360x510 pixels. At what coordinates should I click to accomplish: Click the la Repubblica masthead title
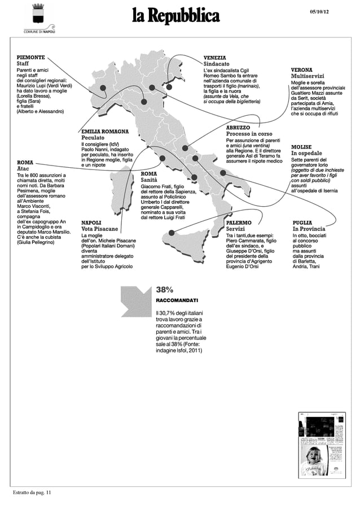pyautogui.click(x=175, y=16)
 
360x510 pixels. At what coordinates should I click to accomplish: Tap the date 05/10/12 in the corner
pyautogui.click(x=321, y=13)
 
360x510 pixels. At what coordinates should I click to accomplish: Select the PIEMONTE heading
pyautogui.click(x=30, y=57)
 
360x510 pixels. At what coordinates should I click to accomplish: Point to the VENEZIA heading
pyautogui.click(x=215, y=58)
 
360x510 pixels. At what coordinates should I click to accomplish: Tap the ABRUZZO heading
pyautogui.click(x=238, y=128)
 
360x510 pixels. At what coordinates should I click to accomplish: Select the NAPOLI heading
pyautogui.click(x=91, y=223)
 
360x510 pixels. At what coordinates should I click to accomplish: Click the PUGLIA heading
pyautogui.click(x=302, y=223)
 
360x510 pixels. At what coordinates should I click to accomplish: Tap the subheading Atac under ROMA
pyautogui.click(x=23, y=168)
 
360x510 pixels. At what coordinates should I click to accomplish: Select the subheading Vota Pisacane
pyautogui.click(x=99, y=229)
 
